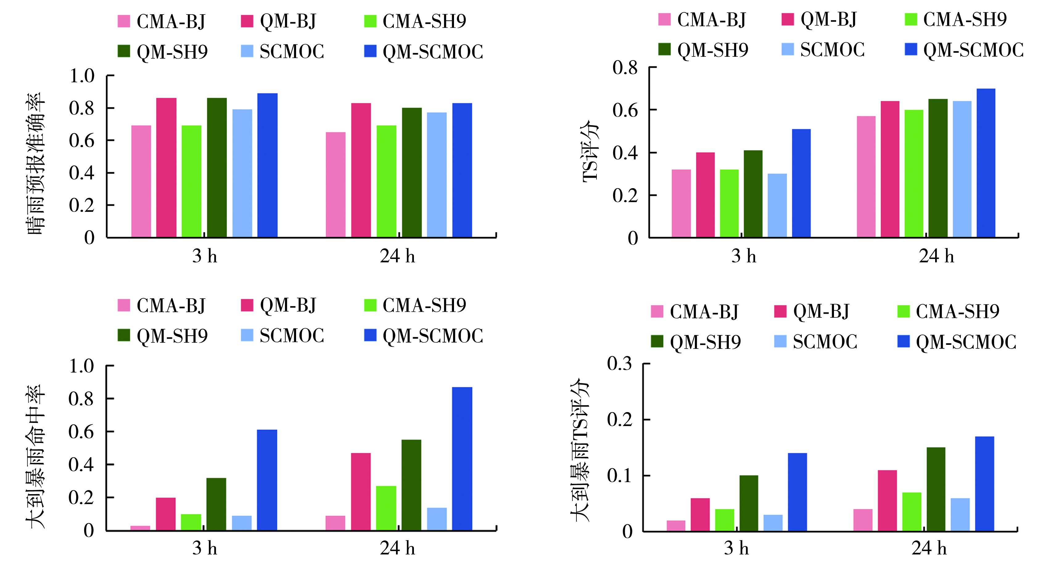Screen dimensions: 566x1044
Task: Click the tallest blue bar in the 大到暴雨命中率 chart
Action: click(x=462, y=458)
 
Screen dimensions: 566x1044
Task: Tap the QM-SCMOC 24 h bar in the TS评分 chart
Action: click(x=986, y=163)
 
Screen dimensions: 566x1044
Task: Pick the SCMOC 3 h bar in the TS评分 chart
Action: click(x=777, y=205)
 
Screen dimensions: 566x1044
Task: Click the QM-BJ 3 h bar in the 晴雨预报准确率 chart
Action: click(x=166, y=167)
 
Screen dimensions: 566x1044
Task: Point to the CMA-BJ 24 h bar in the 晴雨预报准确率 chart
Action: click(x=336, y=184)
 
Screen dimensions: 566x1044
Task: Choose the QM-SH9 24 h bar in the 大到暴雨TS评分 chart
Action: click(x=936, y=489)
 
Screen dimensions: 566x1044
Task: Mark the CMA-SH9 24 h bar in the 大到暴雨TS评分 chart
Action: click(x=911, y=511)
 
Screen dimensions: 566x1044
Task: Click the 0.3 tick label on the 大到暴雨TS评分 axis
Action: click(x=619, y=364)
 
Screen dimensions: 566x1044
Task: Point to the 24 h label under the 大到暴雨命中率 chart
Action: click(x=397, y=548)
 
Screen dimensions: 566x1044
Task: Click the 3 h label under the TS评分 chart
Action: click(x=743, y=256)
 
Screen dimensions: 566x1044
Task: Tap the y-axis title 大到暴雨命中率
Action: click(x=36, y=456)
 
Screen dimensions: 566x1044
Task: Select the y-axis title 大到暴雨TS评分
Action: click(x=580, y=450)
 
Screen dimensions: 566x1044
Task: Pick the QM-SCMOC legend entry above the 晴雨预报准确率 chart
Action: click(x=423, y=52)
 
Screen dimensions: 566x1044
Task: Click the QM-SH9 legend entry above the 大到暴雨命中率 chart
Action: click(x=163, y=336)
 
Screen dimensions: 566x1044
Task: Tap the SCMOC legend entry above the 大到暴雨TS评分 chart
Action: click(x=815, y=342)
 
